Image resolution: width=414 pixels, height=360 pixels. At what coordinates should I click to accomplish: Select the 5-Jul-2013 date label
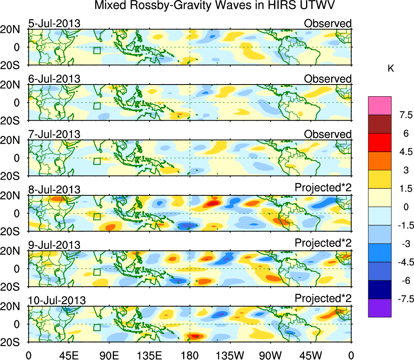coord(55,23)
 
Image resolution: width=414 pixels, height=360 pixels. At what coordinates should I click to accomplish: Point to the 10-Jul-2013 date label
coord(57,301)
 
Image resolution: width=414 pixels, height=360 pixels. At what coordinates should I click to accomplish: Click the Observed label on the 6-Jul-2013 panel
coord(328,79)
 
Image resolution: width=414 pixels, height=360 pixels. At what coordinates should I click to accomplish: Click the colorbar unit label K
coord(391,69)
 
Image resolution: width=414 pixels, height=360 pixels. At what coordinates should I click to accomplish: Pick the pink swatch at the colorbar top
coord(380,106)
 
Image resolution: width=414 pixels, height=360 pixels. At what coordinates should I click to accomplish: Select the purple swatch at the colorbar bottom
coord(380,308)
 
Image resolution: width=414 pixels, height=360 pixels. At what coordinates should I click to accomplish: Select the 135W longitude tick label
coord(230,355)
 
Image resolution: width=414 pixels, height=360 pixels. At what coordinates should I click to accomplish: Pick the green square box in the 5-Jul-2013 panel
coord(97,51)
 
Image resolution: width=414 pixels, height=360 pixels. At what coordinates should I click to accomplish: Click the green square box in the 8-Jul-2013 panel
coord(97,217)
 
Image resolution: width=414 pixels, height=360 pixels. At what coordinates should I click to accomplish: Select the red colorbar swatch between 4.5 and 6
coord(380,142)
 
